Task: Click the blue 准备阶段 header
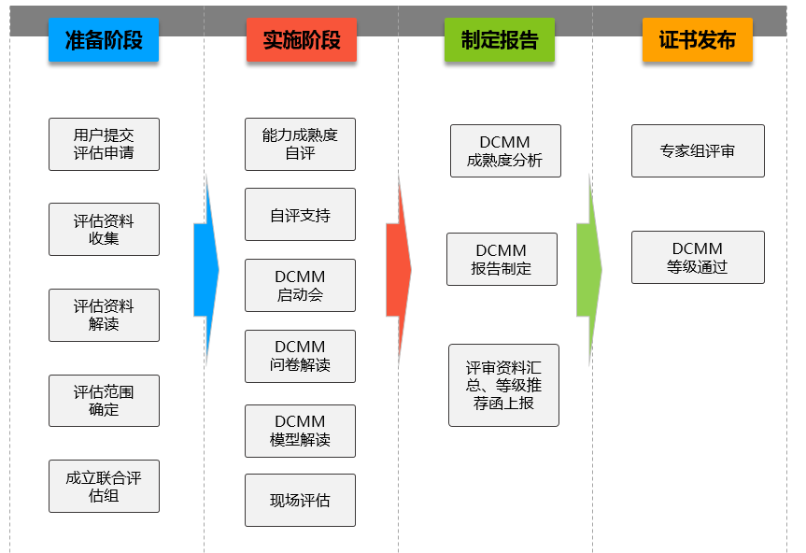tap(104, 40)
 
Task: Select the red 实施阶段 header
tap(302, 40)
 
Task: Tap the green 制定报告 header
tap(500, 40)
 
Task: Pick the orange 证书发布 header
tap(698, 40)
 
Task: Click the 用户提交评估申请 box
tap(104, 144)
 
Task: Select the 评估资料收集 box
tap(104, 229)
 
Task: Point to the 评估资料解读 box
tap(104, 315)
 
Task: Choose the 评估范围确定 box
tap(104, 401)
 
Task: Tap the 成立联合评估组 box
tap(104, 486)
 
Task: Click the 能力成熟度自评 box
tap(300, 144)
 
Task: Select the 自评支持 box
tap(300, 215)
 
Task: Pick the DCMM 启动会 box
tap(300, 285)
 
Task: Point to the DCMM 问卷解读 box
tap(300, 356)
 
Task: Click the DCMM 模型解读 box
tap(300, 431)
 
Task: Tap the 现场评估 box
tap(300, 500)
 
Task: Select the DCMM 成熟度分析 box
tap(505, 150)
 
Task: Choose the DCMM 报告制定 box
tap(502, 259)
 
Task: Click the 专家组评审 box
tap(698, 150)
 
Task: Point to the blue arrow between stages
tap(205, 270)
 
